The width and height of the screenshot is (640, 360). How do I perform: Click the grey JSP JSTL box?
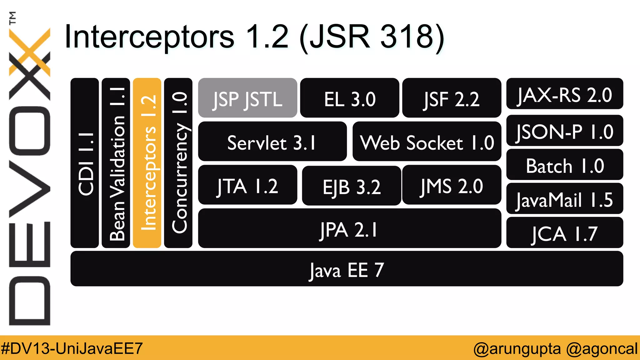pos(247,98)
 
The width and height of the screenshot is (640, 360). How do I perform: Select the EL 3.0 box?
pos(349,98)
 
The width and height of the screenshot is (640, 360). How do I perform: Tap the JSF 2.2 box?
pos(452,98)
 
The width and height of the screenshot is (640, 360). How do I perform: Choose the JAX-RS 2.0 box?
pos(564,94)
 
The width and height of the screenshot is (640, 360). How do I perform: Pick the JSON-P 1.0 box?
pos(564,131)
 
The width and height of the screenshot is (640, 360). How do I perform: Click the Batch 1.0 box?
pos(564,165)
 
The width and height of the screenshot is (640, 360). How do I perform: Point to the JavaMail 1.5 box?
pos(564,199)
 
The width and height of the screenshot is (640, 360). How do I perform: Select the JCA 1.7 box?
pos(564,233)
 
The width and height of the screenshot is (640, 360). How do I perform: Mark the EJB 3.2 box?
pos(351,186)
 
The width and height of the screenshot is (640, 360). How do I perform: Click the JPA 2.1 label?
pos(349,230)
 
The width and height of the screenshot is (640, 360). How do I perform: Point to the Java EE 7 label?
pos(347,270)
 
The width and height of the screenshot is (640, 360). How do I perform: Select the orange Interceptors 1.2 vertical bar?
pos(147,163)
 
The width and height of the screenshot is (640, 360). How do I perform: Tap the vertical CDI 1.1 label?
pos(85,164)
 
